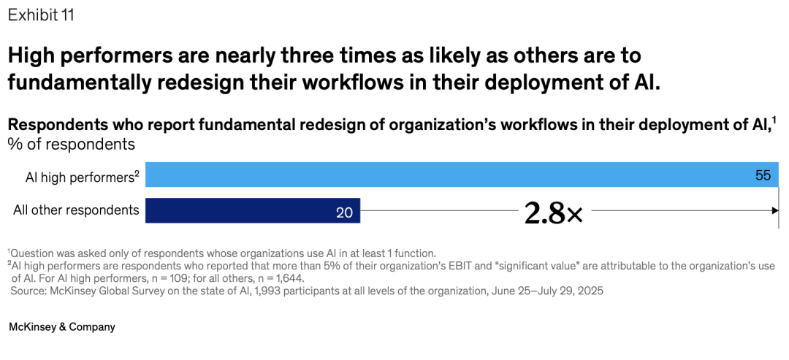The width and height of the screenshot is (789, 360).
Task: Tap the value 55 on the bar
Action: pos(763,176)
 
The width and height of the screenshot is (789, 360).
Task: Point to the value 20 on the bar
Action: pos(344,212)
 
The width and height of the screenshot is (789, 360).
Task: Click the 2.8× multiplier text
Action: pos(553,212)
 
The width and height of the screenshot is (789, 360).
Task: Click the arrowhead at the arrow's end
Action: pos(775,210)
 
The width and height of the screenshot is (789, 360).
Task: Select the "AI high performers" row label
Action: pos(79,177)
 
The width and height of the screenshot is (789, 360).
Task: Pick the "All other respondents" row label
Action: pos(76,210)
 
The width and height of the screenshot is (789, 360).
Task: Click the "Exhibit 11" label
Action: pos(41,15)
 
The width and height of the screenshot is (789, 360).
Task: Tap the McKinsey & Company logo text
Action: pos(62,327)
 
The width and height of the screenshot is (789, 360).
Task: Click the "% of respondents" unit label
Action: pos(72,144)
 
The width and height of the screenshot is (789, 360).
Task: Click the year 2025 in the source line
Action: pos(590,291)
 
